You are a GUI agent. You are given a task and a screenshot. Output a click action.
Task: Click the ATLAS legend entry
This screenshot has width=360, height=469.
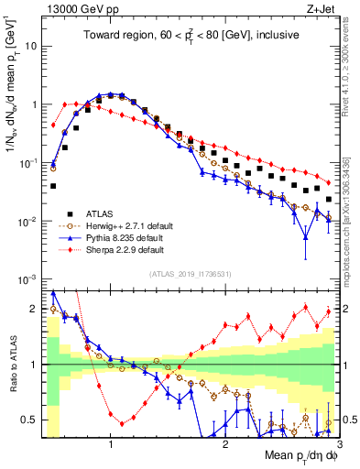pos(103,213)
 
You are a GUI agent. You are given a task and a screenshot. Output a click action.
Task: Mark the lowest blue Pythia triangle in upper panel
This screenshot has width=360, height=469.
pos(306,237)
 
